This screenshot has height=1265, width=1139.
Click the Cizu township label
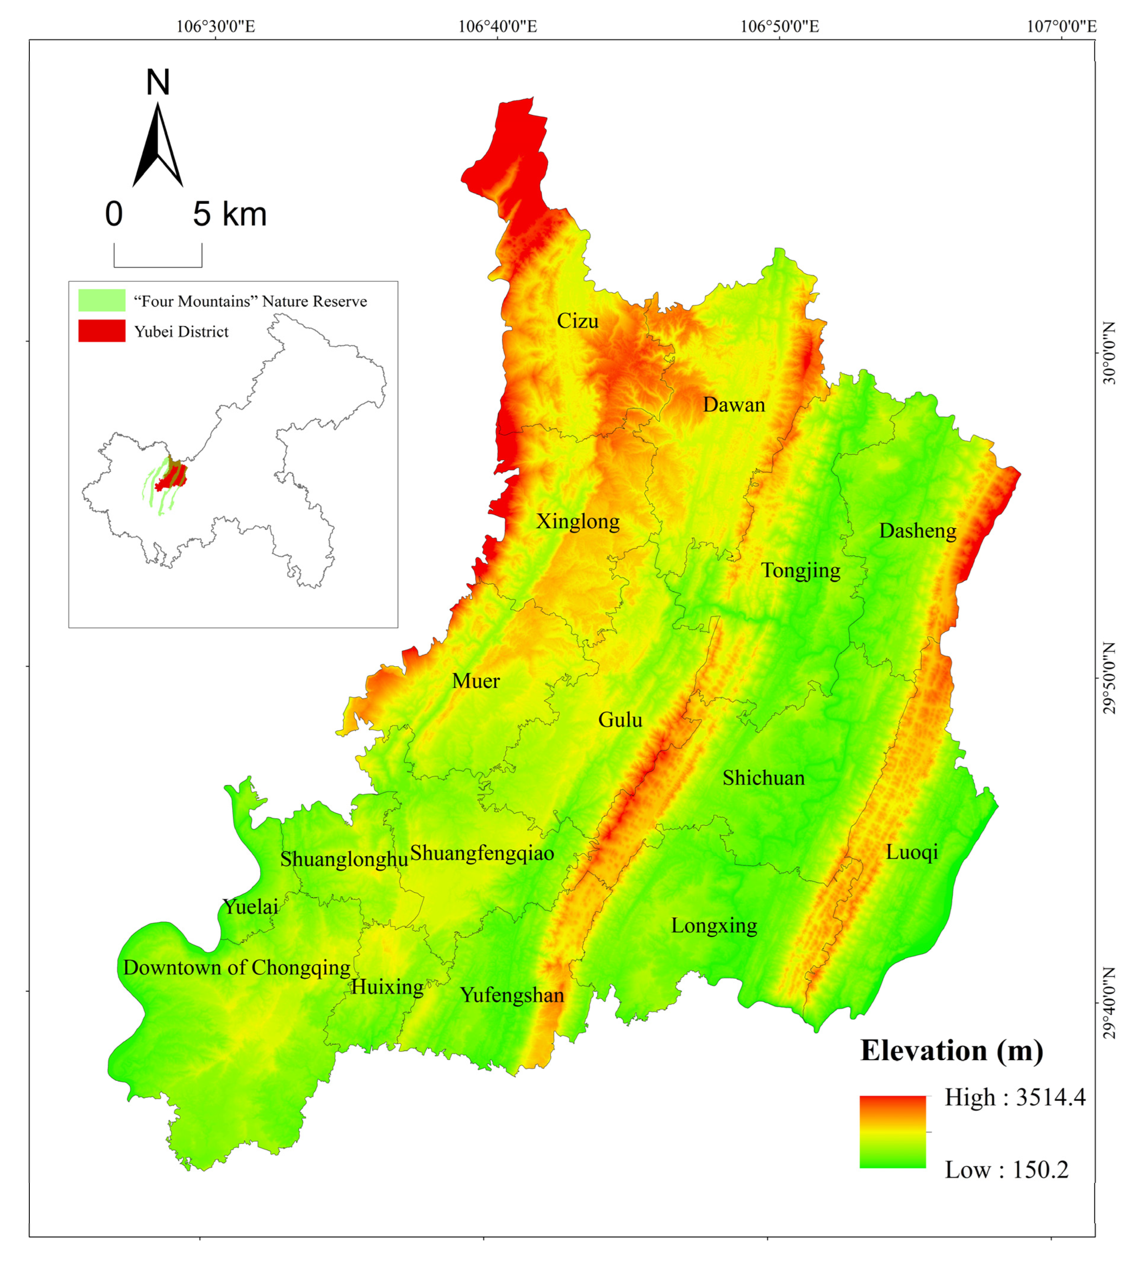(x=578, y=321)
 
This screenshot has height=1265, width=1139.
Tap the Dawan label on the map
(x=734, y=405)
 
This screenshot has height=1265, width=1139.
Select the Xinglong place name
(x=578, y=521)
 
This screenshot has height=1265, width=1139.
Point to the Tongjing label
(x=800, y=571)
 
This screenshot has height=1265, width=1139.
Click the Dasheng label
(x=917, y=530)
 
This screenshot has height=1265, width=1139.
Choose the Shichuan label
(x=764, y=778)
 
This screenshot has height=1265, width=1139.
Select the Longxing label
(x=714, y=925)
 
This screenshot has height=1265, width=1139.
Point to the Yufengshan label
(x=512, y=995)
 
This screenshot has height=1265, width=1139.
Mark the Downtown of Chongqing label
(x=236, y=967)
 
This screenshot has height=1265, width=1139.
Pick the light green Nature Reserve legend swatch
(x=101, y=300)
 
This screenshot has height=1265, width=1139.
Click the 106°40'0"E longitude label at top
(x=498, y=26)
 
